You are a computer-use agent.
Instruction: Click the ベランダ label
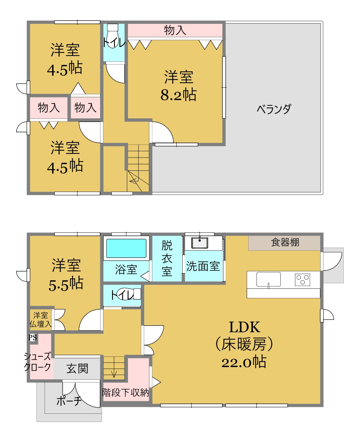pos(274,109)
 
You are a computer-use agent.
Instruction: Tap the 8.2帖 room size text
pos(178,95)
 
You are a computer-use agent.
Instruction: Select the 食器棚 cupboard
pos(284,243)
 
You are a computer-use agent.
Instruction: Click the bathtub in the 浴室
pos(126,248)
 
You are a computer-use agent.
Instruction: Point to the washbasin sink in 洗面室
pos(200,243)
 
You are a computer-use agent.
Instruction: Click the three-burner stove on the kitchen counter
pos(302,280)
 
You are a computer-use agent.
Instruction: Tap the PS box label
pos(32,338)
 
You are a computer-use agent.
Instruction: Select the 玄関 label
pos(77,368)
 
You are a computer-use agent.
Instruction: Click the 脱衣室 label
pos(167,258)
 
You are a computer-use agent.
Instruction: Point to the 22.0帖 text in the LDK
pos(244,362)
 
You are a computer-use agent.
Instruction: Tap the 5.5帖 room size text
pos(66,284)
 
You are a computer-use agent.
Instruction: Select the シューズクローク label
pos(37,362)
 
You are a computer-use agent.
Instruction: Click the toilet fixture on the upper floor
pos(113,36)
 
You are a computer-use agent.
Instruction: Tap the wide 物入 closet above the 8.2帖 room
pos(175,30)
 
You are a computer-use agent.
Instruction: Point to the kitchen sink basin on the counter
pos(269,279)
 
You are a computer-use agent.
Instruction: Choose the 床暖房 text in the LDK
pos(244,344)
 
